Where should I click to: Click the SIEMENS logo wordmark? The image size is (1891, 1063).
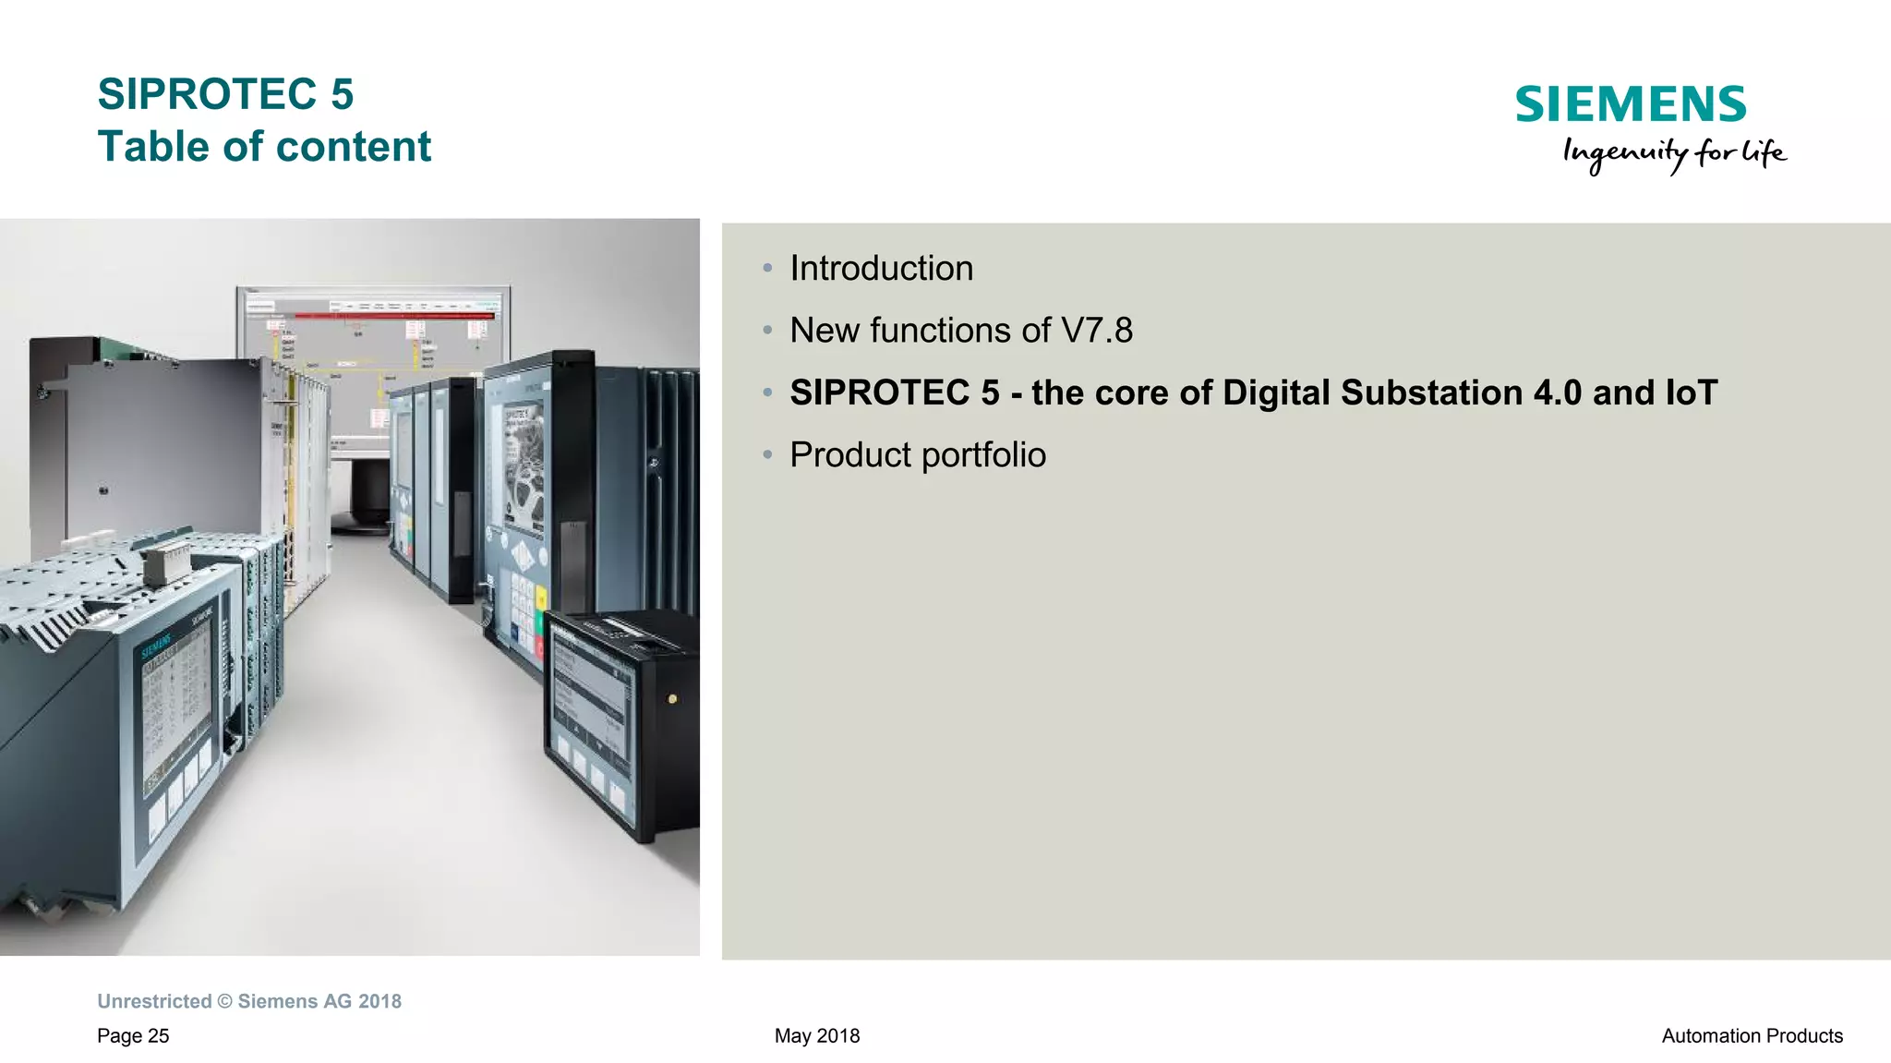[1630, 104]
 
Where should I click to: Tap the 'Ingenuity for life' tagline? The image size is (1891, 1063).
[1674, 153]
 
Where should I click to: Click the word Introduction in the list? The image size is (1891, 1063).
[881, 269]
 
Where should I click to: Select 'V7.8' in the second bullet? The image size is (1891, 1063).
[1097, 331]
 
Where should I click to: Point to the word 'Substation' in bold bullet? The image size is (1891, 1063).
[1432, 393]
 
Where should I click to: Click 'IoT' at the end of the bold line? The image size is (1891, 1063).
[1691, 393]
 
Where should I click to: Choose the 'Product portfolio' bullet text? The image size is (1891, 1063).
[917, 455]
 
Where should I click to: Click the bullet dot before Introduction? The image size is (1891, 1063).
[767, 269]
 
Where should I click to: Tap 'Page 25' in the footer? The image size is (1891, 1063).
[133, 1036]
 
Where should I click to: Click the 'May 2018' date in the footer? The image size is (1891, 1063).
[817, 1036]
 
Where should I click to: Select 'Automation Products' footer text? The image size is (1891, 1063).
[1752, 1036]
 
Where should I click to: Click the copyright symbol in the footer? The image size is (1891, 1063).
[225, 1002]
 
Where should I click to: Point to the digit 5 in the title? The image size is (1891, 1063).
[342, 94]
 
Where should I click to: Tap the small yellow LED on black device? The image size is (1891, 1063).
[672, 699]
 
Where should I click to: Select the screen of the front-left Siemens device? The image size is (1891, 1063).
[175, 711]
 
